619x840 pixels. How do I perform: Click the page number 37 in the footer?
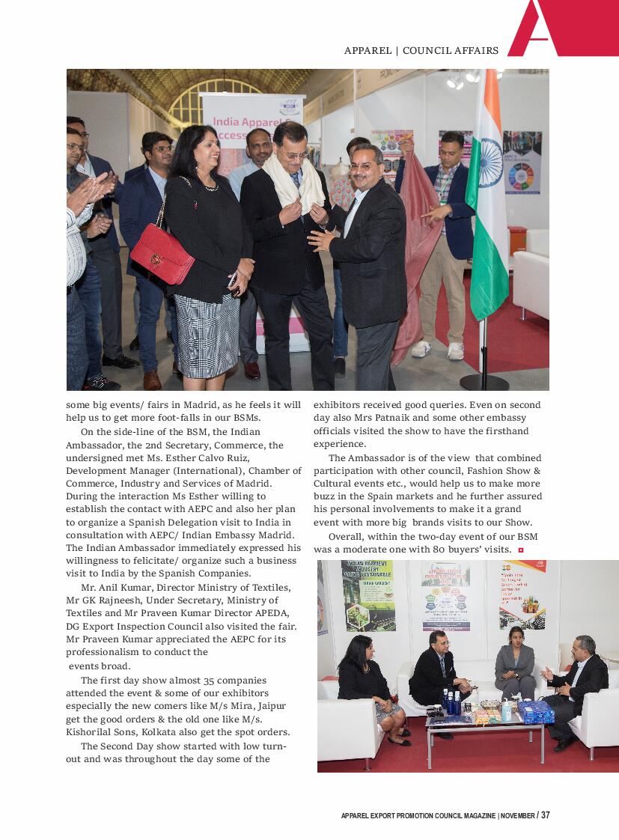tap(545, 815)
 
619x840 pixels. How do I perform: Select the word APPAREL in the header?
tap(368, 51)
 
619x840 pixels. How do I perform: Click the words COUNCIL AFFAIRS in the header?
tap(451, 51)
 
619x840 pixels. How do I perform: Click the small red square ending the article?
tap(520, 550)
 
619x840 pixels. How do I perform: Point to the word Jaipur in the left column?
tap(270, 706)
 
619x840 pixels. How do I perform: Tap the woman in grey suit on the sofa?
tap(515, 663)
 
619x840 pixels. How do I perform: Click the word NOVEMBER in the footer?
tap(517, 815)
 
